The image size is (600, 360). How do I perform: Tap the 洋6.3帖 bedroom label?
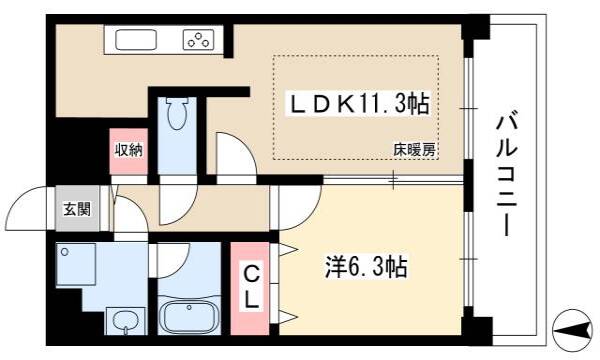(366, 267)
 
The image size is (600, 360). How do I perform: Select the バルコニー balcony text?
(507, 173)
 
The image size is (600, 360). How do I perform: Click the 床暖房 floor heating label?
(415, 150)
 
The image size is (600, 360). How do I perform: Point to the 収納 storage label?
(129, 150)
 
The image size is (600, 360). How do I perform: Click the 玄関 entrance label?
(77, 209)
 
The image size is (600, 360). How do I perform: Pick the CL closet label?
(251, 287)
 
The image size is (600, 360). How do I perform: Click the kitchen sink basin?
(136, 39)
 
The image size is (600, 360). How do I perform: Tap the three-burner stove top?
(198, 39)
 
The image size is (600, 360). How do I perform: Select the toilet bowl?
(178, 114)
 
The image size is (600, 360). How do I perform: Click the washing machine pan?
(76, 264)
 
